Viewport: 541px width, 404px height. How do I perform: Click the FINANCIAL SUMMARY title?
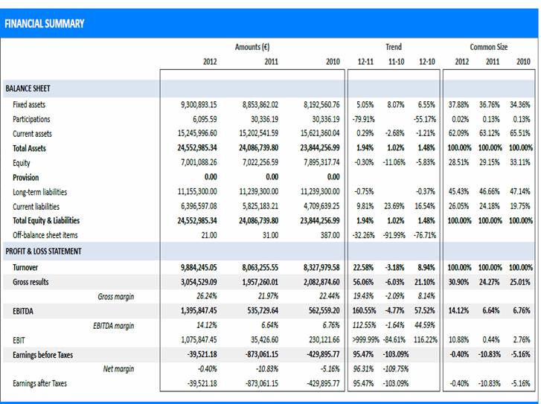(44, 24)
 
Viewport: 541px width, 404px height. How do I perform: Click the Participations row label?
(31, 119)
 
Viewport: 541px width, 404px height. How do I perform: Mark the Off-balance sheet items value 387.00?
(327, 235)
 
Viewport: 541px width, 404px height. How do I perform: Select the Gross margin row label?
(116, 296)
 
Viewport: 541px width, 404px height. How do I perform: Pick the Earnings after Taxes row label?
(39, 383)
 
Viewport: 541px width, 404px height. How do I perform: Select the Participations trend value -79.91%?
(362, 119)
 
